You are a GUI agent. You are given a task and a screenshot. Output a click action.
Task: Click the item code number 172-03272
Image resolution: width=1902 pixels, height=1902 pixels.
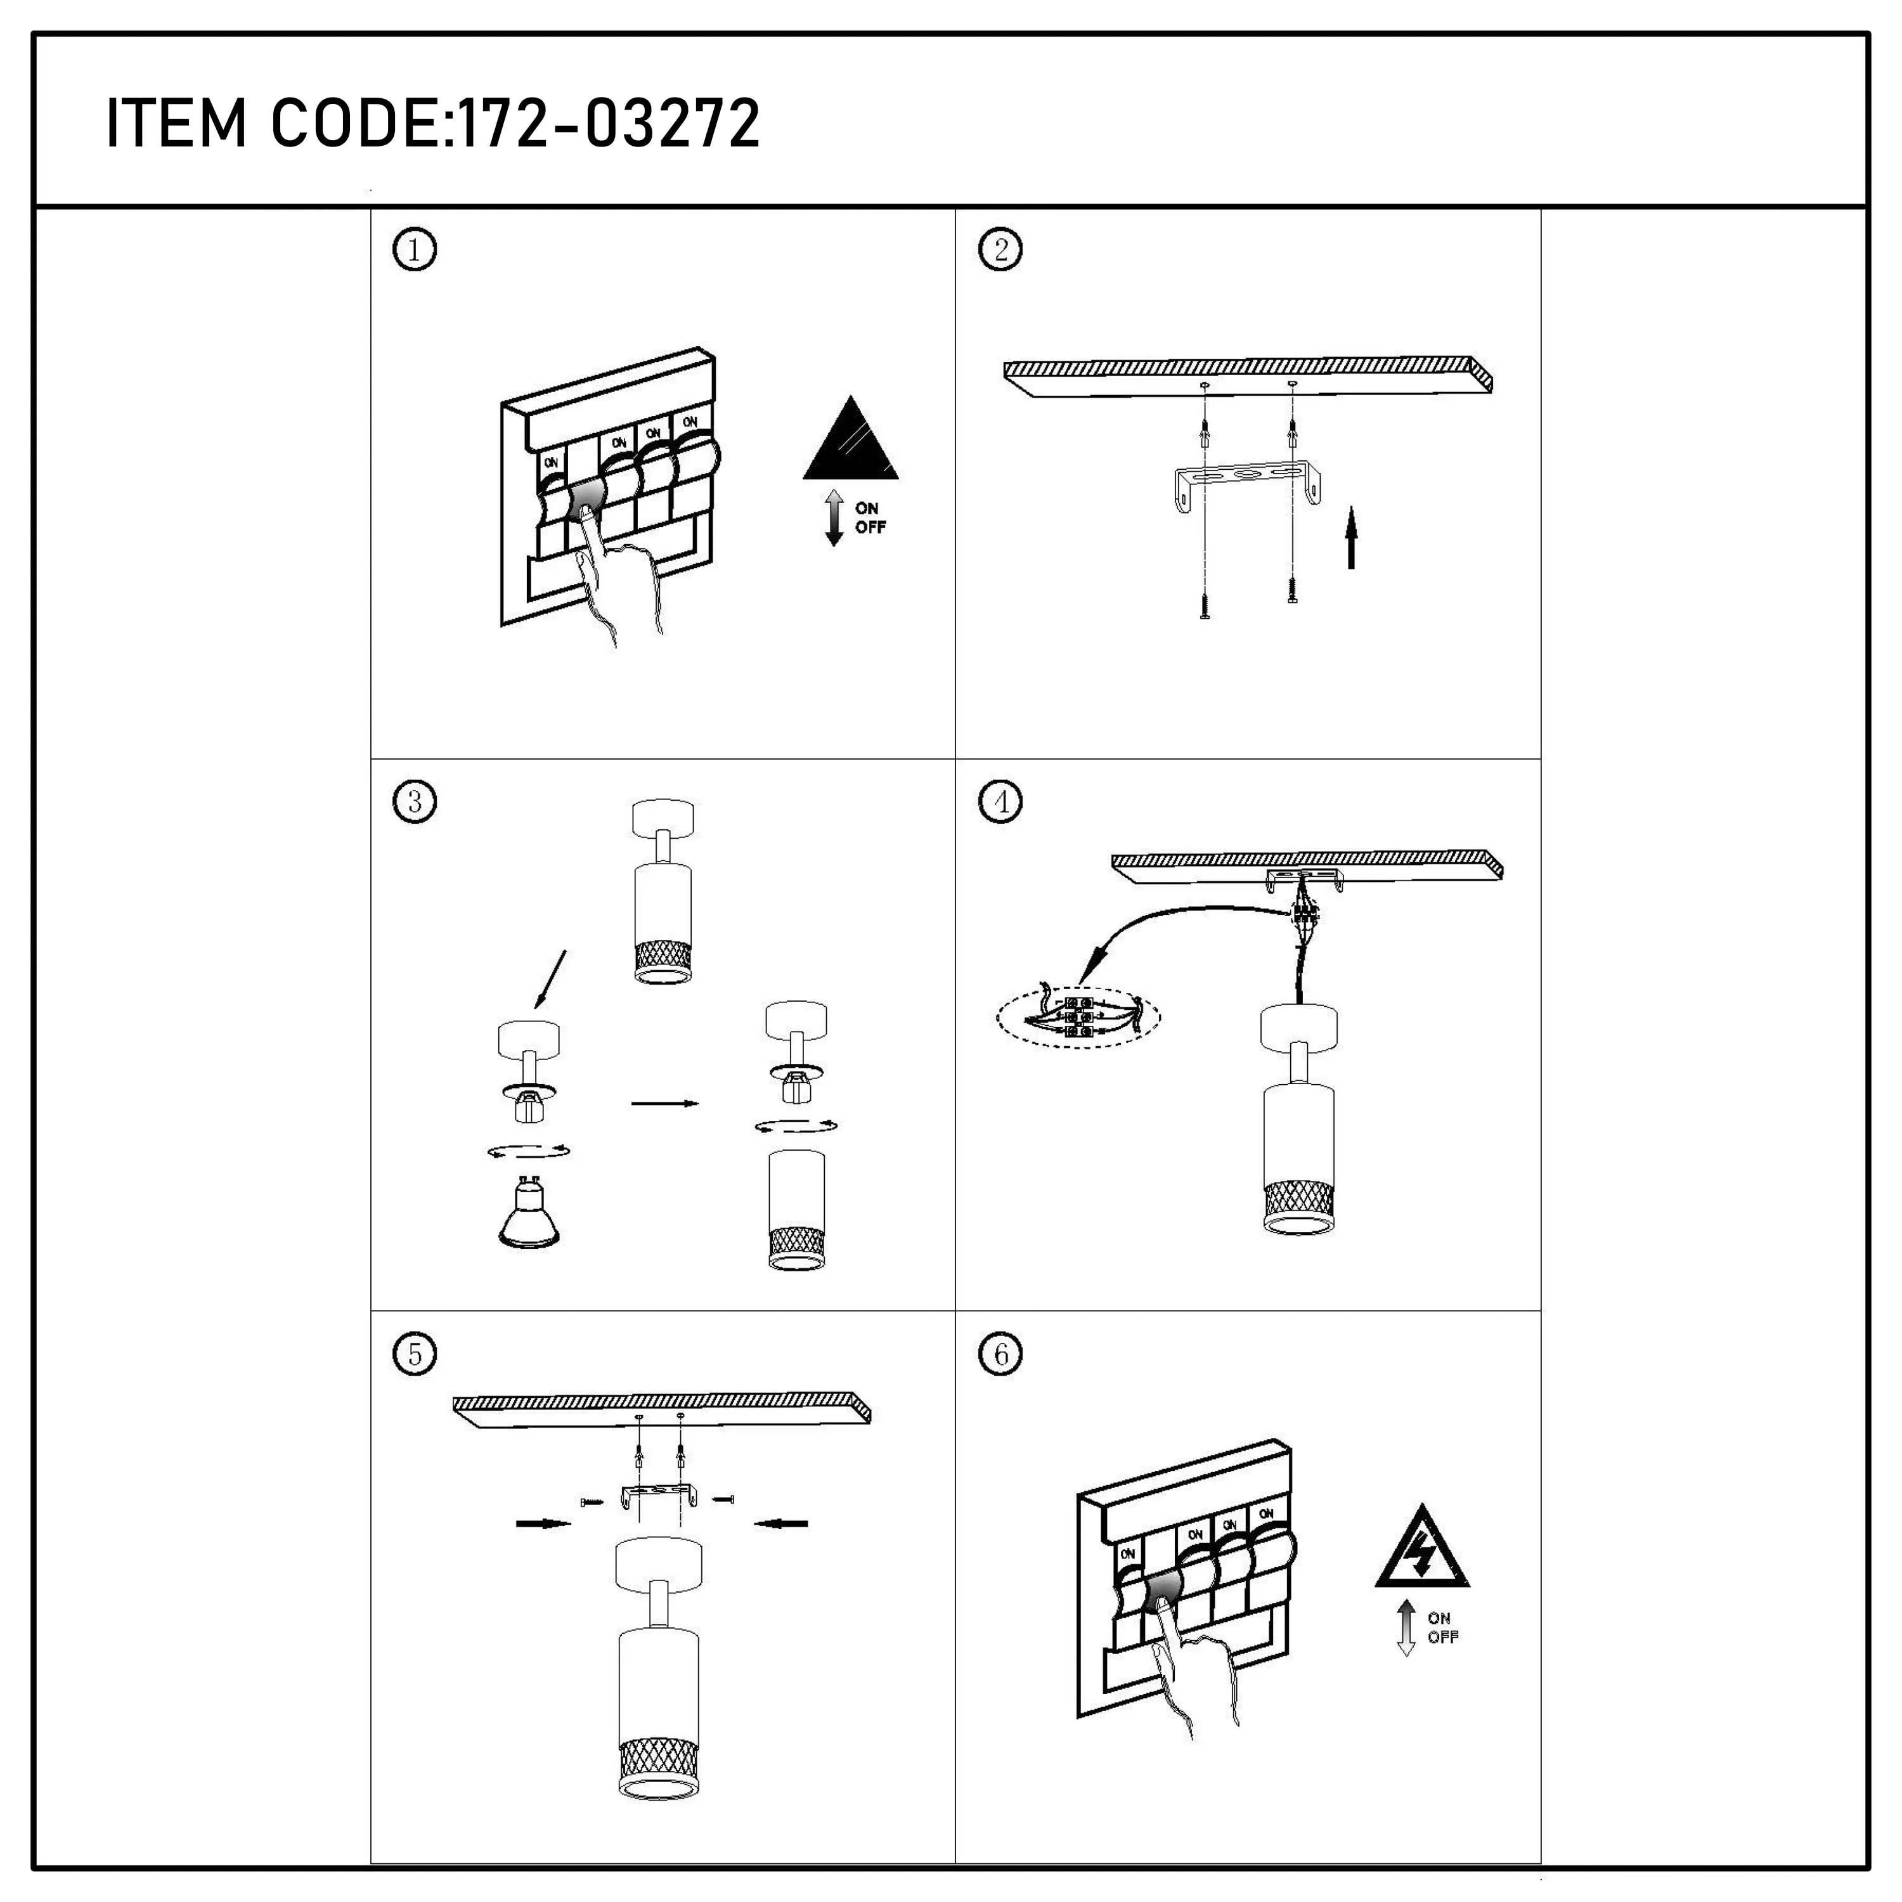[611, 124]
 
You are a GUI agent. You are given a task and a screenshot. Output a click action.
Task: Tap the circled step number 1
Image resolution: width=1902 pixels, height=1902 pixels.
[415, 250]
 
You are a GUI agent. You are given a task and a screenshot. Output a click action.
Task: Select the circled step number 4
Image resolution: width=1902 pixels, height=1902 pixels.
[1000, 801]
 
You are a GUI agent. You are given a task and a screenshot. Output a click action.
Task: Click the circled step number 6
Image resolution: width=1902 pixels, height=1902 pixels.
[1000, 1354]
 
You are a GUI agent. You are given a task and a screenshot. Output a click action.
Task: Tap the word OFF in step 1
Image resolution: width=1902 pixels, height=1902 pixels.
[870, 527]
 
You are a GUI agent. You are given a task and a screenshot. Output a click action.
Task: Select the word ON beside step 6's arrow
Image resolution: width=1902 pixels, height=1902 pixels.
[1439, 1617]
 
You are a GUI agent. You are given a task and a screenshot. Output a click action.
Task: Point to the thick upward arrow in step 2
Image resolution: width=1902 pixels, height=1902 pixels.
[1352, 538]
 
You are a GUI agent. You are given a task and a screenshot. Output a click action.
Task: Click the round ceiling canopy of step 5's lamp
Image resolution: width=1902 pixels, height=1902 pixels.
[659, 1573]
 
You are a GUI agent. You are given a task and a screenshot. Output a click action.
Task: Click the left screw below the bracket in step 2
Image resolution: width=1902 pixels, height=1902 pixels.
[1204, 607]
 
